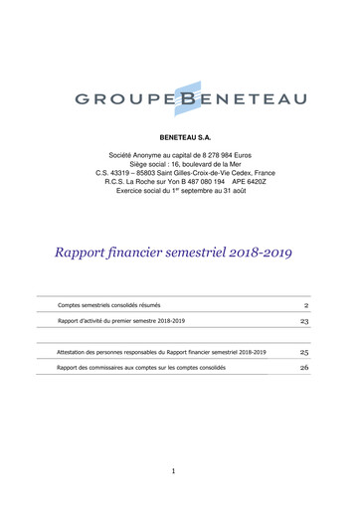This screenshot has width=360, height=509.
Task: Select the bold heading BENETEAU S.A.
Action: coord(179,133)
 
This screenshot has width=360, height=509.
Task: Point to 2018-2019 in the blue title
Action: coord(260,253)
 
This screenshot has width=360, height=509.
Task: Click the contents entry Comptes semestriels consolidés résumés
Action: coord(109,305)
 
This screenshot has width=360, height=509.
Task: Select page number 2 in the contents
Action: coord(306,305)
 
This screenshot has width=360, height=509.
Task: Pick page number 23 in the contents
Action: coord(304,321)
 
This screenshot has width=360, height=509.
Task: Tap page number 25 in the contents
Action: coord(304,352)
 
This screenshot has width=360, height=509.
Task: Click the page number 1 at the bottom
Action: coord(172,470)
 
